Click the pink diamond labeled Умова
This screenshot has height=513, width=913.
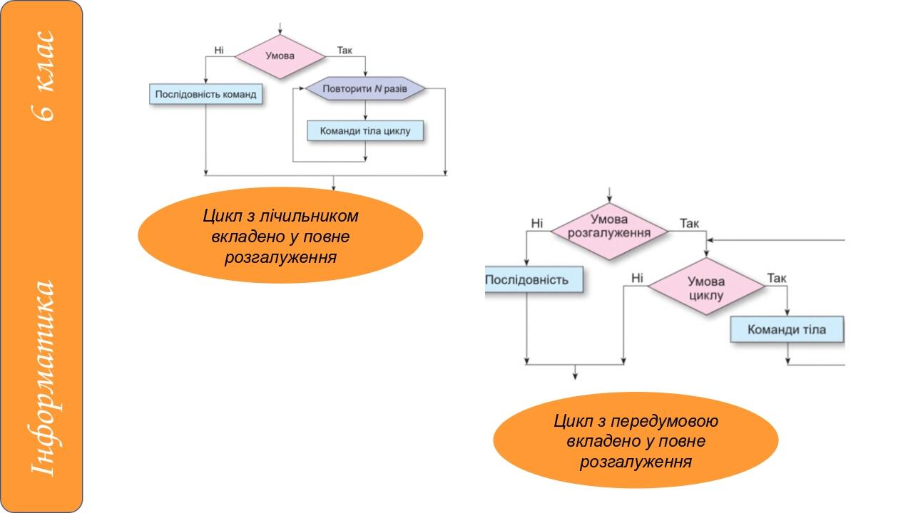pyautogui.click(x=280, y=56)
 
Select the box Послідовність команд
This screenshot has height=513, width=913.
pyautogui.click(x=205, y=94)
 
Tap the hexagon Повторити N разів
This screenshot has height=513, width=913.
pyautogui.click(x=365, y=89)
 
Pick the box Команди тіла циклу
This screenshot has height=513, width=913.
pyautogui.click(x=365, y=131)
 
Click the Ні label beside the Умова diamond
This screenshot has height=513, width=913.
pyautogui.click(x=219, y=50)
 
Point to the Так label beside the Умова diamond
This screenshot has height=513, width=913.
pyautogui.click(x=345, y=50)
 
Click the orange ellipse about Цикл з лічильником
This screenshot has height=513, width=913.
pyautogui.click(x=280, y=235)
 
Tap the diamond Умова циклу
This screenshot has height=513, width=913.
pyautogui.click(x=706, y=289)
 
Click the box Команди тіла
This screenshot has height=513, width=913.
pyautogui.click(x=787, y=330)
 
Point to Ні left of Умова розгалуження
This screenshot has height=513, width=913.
pyautogui.click(x=536, y=224)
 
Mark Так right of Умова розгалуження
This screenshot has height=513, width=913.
pyautogui.click(x=689, y=224)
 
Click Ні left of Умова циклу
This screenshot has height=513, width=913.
pyautogui.click(x=637, y=278)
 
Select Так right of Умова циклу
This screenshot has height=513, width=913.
pyautogui.click(x=776, y=278)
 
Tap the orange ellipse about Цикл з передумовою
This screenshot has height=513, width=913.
pyautogui.click(x=636, y=440)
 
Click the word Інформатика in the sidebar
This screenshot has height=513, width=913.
pyautogui.click(x=43, y=378)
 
